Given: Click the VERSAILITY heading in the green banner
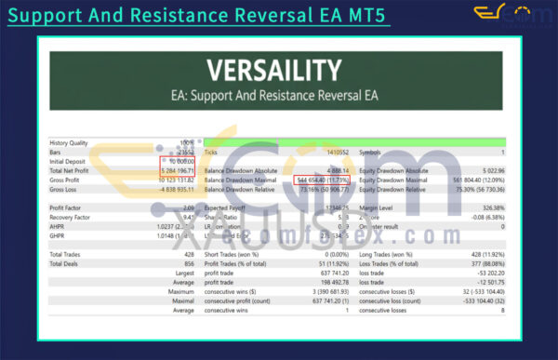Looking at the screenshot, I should [279, 70].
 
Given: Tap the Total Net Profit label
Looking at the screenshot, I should [73, 170].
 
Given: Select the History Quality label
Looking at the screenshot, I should [70, 142].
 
